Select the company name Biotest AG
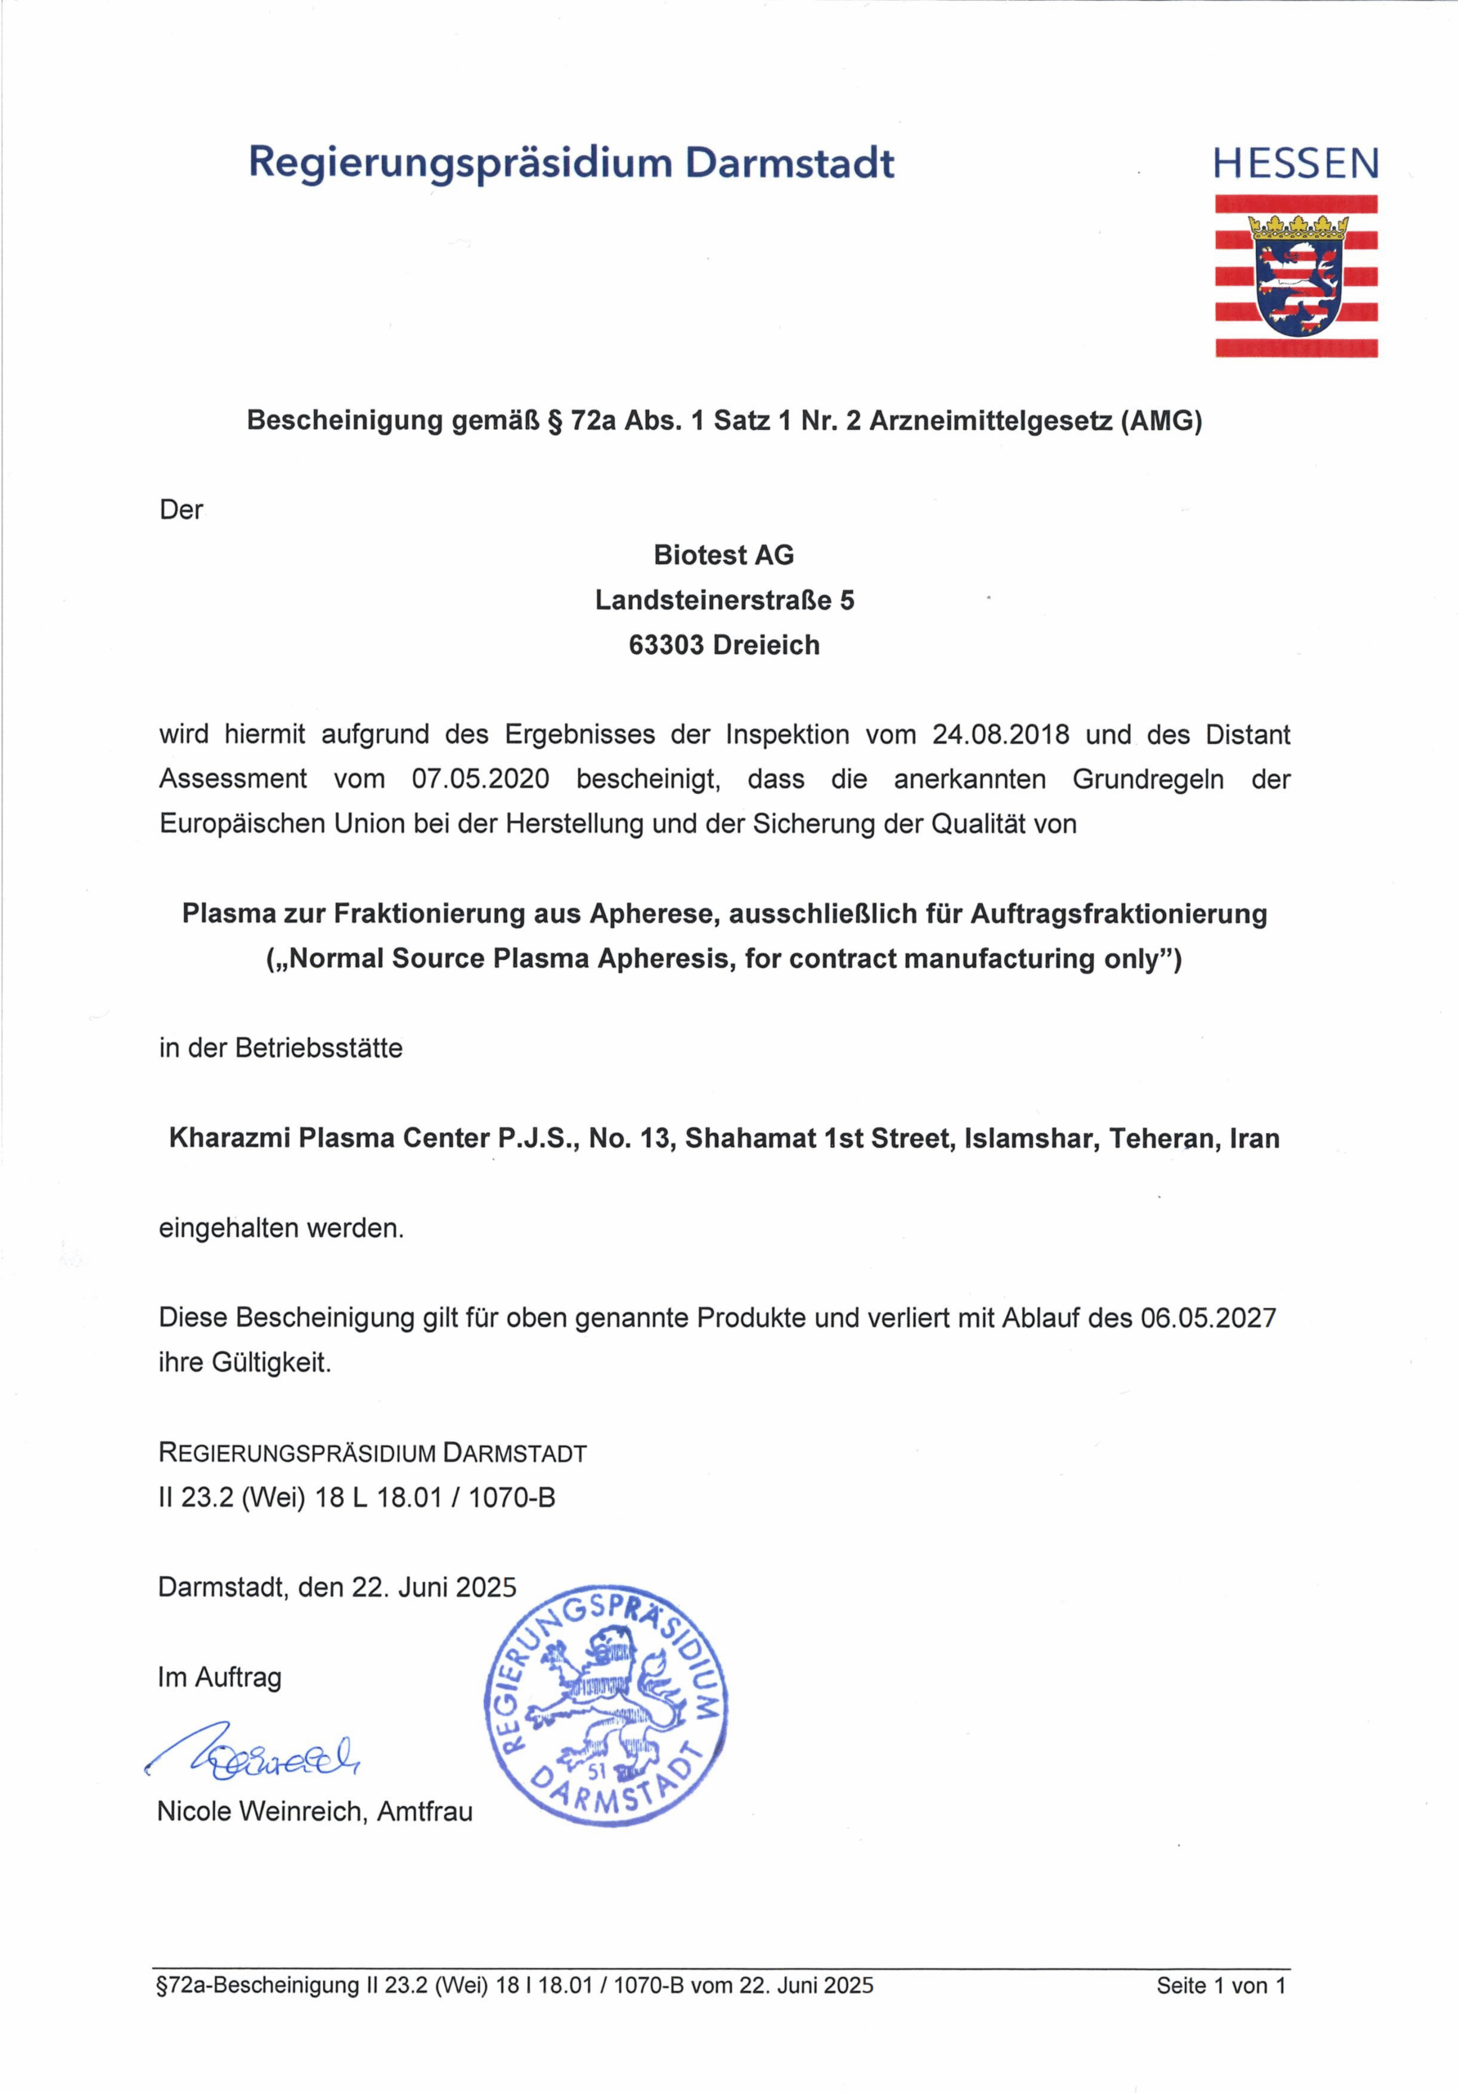tap(724, 555)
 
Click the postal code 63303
tap(666, 645)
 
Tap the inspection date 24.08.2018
tap(1000, 735)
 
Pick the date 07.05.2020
tap(481, 779)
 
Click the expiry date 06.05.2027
tap(1208, 1317)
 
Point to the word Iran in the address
tap(1254, 1139)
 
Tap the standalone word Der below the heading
tap(181, 510)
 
